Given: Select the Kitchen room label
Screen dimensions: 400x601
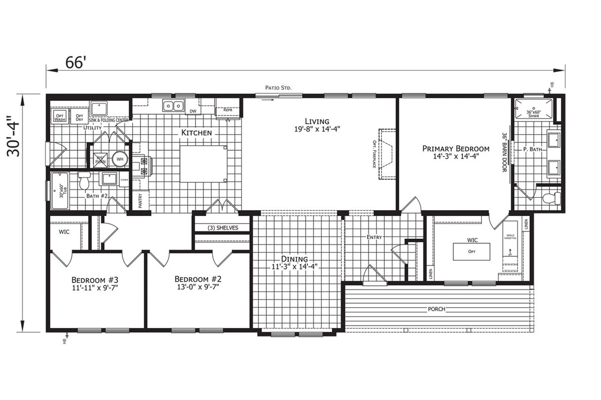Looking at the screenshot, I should coord(196,133).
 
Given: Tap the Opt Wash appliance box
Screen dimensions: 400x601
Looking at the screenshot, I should coord(60,117).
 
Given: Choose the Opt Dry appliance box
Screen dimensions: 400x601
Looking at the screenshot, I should coord(79,117).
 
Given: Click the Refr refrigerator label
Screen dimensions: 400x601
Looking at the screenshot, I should coord(228,110).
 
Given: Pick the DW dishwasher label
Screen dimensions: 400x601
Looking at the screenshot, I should coord(193,111).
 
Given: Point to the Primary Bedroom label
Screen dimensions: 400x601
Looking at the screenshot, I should coord(455,149).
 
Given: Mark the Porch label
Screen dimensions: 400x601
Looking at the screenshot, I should coord(436,309).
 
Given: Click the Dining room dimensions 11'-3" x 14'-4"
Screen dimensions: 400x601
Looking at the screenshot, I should coord(294,266).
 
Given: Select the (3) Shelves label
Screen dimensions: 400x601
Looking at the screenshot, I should coord(222,228).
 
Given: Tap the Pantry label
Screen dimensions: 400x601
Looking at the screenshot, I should coord(140,201).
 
